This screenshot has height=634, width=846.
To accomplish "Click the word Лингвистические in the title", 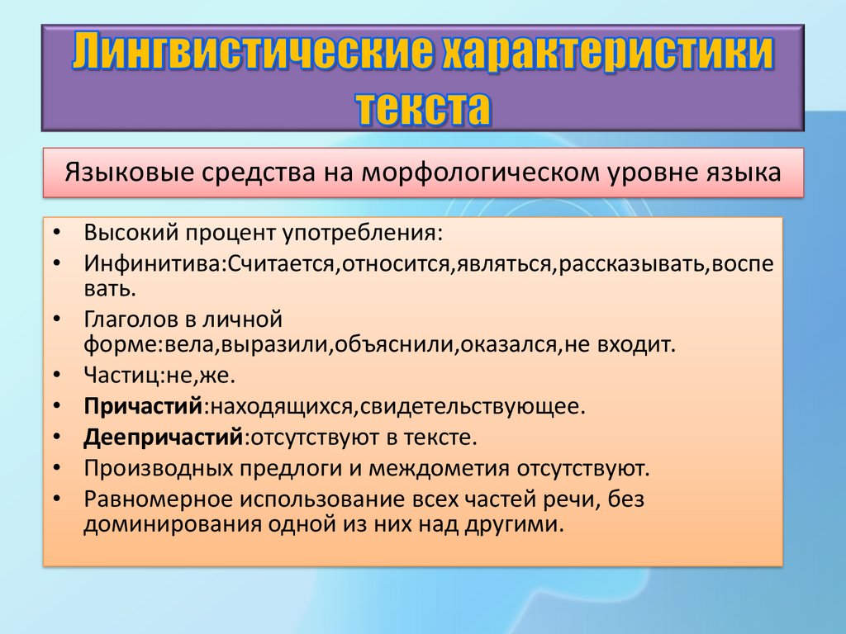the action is [x=253, y=52].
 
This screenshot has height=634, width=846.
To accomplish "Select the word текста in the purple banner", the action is [x=424, y=107].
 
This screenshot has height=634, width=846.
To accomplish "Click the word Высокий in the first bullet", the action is [x=131, y=233].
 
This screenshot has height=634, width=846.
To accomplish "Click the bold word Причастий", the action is [x=143, y=406].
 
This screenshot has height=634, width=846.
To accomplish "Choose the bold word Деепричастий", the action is [x=164, y=438].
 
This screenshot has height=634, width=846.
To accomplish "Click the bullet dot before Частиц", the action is [x=57, y=375].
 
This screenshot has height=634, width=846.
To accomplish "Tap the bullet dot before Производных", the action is [x=57, y=468].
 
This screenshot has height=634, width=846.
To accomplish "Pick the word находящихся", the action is [x=281, y=407].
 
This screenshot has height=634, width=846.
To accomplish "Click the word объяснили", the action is [x=393, y=344].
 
